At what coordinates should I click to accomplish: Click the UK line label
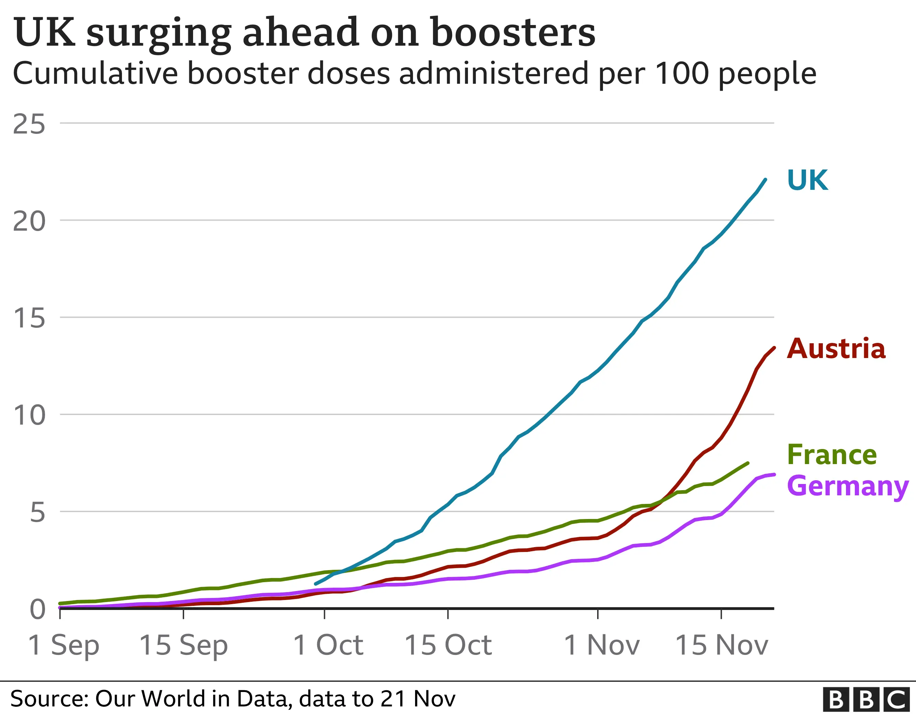pos(807,180)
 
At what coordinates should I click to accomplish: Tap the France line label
pos(832,455)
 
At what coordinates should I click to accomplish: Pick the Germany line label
pos(847,486)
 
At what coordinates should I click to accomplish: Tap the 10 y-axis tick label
pos(29,415)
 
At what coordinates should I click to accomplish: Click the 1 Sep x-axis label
pos(63,645)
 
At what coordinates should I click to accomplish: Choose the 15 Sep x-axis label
pos(183,645)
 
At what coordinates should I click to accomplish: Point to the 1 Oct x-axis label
pos(327,645)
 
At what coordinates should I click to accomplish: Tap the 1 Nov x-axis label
pos(601,645)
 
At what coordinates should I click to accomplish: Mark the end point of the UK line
pos(766,180)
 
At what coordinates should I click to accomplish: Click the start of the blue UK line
pos(316,584)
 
